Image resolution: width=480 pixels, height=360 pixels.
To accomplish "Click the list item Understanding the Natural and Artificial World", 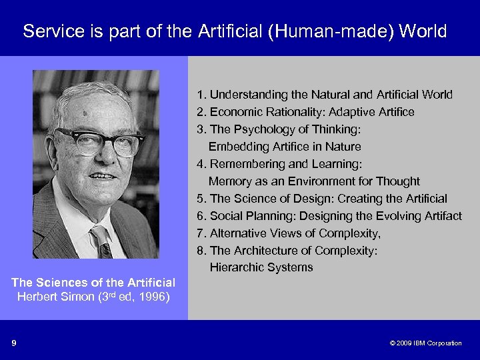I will [x=325, y=95].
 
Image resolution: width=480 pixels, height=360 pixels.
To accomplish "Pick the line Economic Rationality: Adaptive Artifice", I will [x=305, y=112].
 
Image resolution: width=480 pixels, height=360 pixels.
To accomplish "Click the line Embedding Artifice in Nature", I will [x=285, y=147].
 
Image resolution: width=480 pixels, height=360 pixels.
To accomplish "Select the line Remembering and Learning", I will [x=278, y=164].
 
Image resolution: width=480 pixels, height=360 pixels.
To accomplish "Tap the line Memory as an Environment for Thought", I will [x=314, y=181].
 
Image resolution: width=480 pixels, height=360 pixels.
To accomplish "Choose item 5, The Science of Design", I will [x=322, y=199].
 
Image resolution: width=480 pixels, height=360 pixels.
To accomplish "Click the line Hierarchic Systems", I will [x=261, y=268].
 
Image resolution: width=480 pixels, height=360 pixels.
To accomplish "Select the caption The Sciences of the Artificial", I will [x=93, y=283].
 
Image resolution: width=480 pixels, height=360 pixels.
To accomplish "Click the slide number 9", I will [x=13, y=343].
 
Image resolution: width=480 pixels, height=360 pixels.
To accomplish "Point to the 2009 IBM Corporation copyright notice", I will [x=425, y=343].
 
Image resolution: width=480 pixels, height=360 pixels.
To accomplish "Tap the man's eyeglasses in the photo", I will [x=99, y=141].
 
